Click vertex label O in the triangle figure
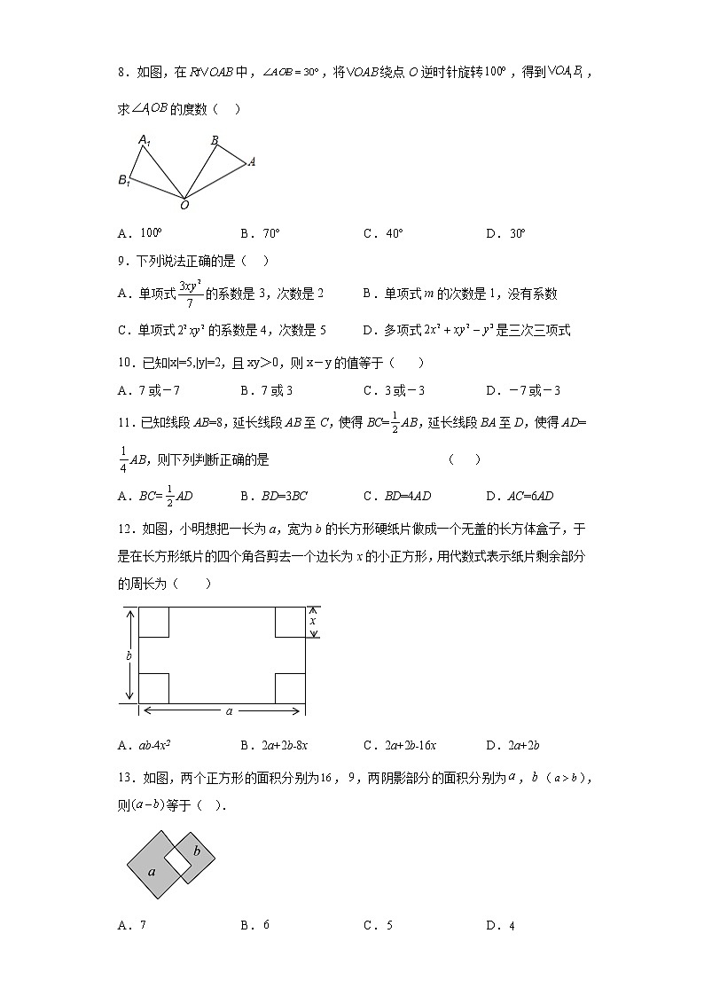(184, 205)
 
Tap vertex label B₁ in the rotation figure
(125, 180)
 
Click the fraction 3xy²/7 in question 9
(186, 294)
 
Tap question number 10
(126, 362)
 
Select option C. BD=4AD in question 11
(397, 496)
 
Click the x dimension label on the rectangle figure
(312, 622)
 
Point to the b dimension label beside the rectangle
(129, 655)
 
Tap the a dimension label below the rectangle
(229, 710)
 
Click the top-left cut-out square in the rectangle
(154, 623)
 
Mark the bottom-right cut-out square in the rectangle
(289, 687)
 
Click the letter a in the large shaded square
(152, 871)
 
